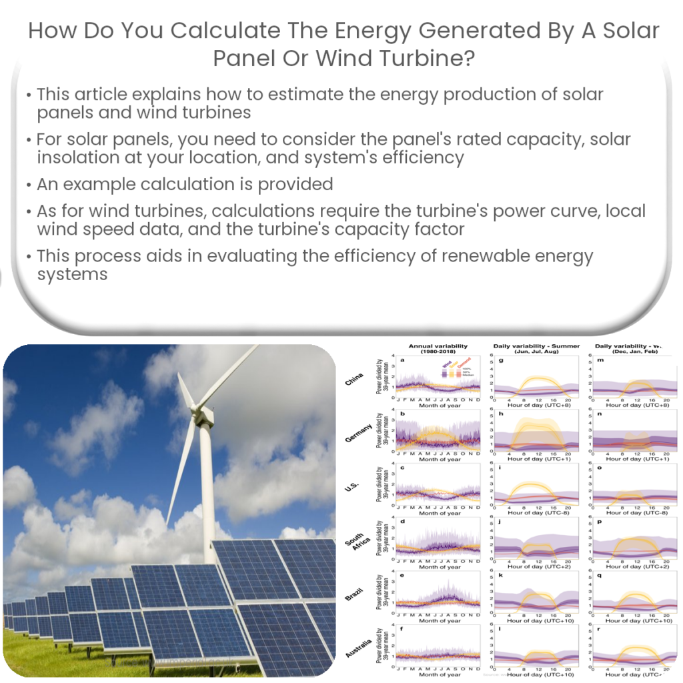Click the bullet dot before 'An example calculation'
(29, 185)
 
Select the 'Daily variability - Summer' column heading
(536, 347)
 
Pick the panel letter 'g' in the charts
(501, 361)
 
